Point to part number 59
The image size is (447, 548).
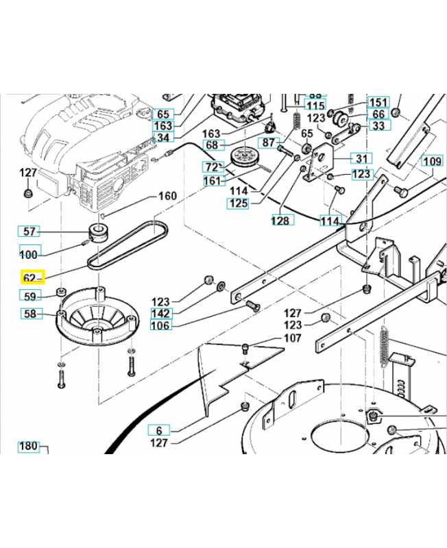(x=29, y=297)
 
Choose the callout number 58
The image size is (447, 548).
(x=29, y=314)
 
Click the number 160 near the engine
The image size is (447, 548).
(x=167, y=196)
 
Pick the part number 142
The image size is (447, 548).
(x=161, y=313)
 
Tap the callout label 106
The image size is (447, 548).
(x=161, y=325)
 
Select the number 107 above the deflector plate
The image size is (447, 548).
(x=291, y=338)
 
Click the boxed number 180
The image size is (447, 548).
(x=28, y=447)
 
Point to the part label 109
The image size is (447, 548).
(x=431, y=162)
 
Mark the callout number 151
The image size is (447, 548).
(x=378, y=102)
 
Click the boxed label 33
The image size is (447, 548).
(x=378, y=125)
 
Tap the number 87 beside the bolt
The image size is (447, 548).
(x=266, y=141)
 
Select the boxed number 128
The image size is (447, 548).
(x=281, y=221)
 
